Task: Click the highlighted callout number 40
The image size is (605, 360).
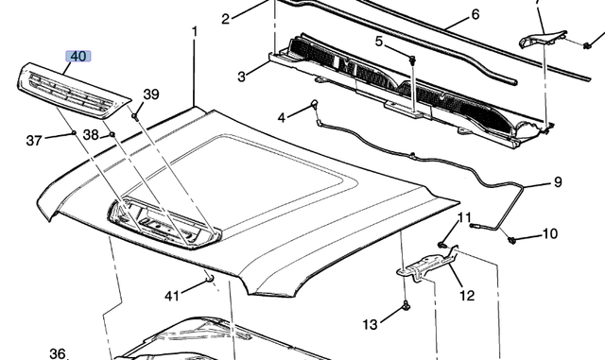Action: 78,57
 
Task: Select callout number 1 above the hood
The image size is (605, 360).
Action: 195,31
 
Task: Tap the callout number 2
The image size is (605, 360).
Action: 226,19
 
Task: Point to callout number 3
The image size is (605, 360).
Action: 241,76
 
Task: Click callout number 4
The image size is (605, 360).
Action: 281,117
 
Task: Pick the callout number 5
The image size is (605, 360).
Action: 379,42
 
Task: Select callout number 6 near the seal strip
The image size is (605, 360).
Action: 475,14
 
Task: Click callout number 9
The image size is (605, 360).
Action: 557,181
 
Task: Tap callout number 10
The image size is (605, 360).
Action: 550,233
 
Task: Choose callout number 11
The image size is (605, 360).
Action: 463,219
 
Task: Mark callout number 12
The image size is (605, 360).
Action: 467,295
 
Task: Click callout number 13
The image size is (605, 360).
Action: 371,324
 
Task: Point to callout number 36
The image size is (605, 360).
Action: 58,353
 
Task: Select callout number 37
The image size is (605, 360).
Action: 34,140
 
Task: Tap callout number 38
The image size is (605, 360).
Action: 91,135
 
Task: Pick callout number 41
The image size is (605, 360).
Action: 171,296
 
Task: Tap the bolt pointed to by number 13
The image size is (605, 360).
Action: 406,305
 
